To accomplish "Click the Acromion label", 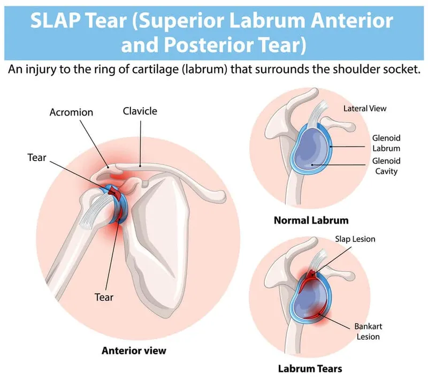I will coord(71,112).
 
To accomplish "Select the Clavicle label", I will coord(140,111).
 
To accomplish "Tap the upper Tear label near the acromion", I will coord(37,158).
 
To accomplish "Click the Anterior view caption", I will coord(134,351).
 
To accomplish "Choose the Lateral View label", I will coord(365,108).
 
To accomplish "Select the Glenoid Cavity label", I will coord(386,166).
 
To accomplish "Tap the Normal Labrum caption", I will coord(311,220).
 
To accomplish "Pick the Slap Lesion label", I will coord(355,239).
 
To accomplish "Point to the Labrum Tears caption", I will coord(310,368).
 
